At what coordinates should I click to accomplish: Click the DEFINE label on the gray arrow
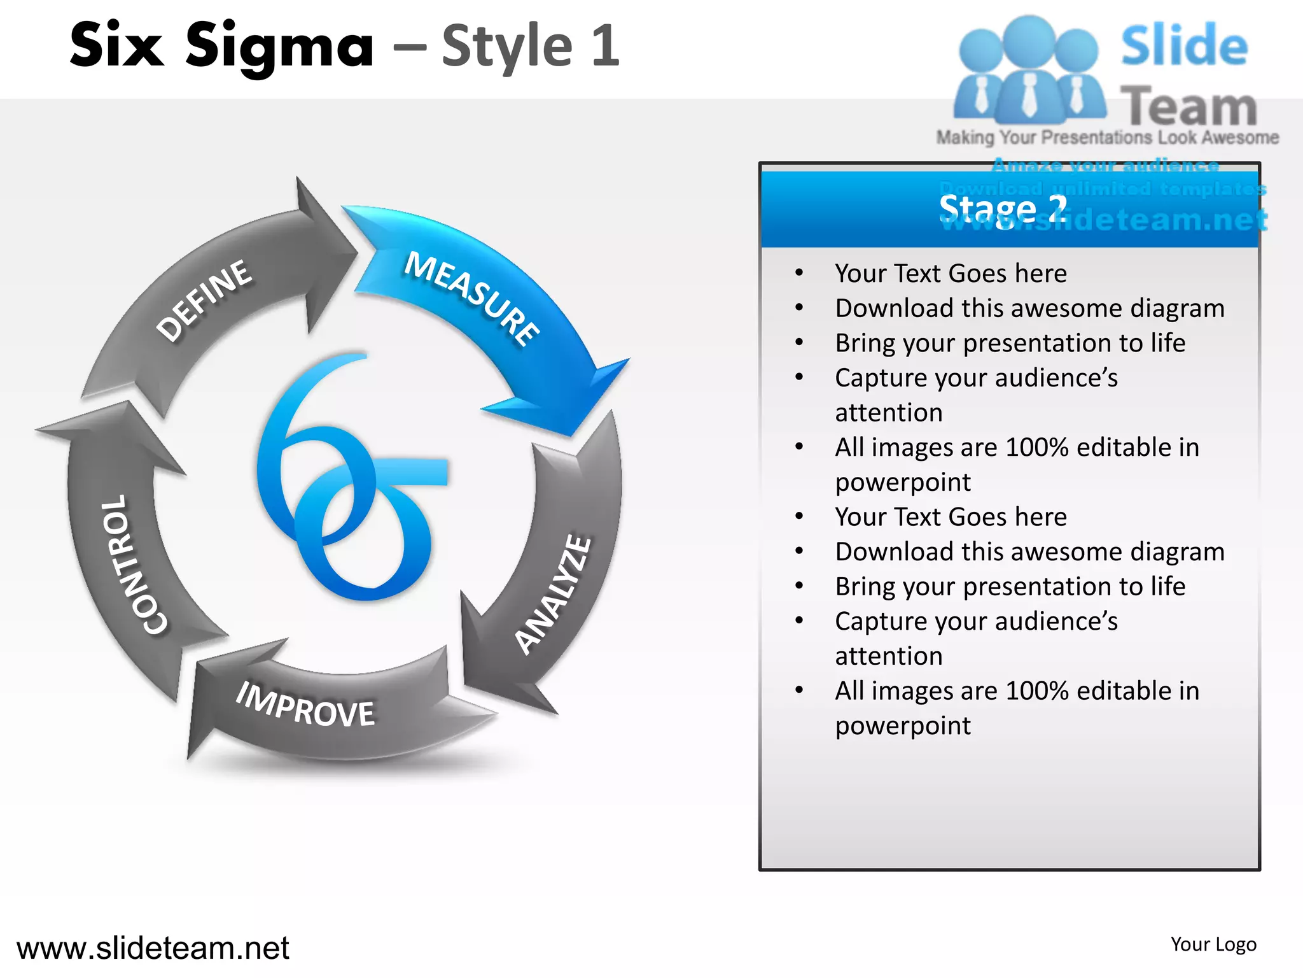(x=204, y=300)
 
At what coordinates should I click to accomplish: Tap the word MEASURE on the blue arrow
(x=472, y=298)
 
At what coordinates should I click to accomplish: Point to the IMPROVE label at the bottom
(x=305, y=705)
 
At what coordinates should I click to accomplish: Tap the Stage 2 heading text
(x=1003, y=208)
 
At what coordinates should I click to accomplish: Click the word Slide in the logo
(x=1184, y=46)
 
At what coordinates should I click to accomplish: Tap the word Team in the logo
(x=1188, y=107)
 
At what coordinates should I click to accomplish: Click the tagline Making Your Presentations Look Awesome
(x=1107, y=138)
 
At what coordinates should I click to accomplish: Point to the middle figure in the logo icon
(x=1029, y=70)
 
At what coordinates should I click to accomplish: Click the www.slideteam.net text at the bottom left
(x=153, y=947)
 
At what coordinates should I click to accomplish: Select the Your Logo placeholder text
(x=1213, y=944)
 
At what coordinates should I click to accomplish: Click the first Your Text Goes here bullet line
(x=951, y=274)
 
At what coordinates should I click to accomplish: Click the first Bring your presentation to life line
(x=1010, y=343)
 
